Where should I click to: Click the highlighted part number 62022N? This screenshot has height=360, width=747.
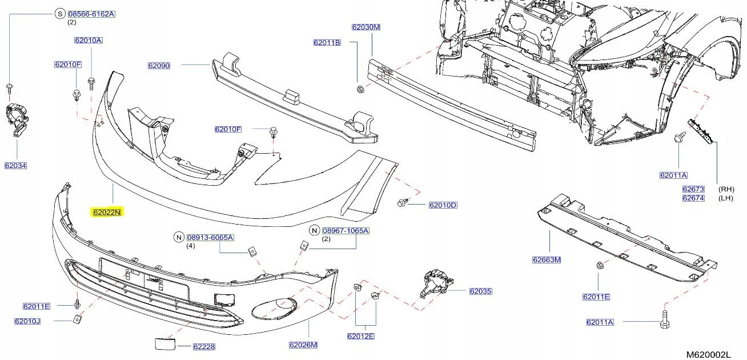(x=107, y=213)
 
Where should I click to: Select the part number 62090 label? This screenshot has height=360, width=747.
(x=159, y=66)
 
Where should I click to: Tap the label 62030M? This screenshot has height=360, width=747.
(x=366, y=27)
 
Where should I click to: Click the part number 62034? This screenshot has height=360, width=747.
(x=16, y=166)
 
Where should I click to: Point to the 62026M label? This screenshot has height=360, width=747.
(x=303, y=345)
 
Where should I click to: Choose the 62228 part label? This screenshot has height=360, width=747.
(x=203, y=346)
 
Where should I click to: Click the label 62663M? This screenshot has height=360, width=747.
(x=547, y=260)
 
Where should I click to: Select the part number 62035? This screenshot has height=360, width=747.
(x=480, y=291)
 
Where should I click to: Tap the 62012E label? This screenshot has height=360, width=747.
(x=360, y=336)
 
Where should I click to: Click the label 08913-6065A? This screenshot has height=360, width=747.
(x=210, y=237)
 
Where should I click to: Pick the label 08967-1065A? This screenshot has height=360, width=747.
(x=346, y=231)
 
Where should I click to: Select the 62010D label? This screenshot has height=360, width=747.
(x=443, y=205)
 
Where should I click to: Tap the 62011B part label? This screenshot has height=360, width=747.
(x=327, y=43)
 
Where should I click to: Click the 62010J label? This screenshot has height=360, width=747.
(x=27, y=321)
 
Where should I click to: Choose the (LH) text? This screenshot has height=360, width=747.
(x=726, y=198)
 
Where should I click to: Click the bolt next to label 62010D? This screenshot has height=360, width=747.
(x=403, y=203)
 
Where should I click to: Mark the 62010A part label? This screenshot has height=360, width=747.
(x=88, y=41)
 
